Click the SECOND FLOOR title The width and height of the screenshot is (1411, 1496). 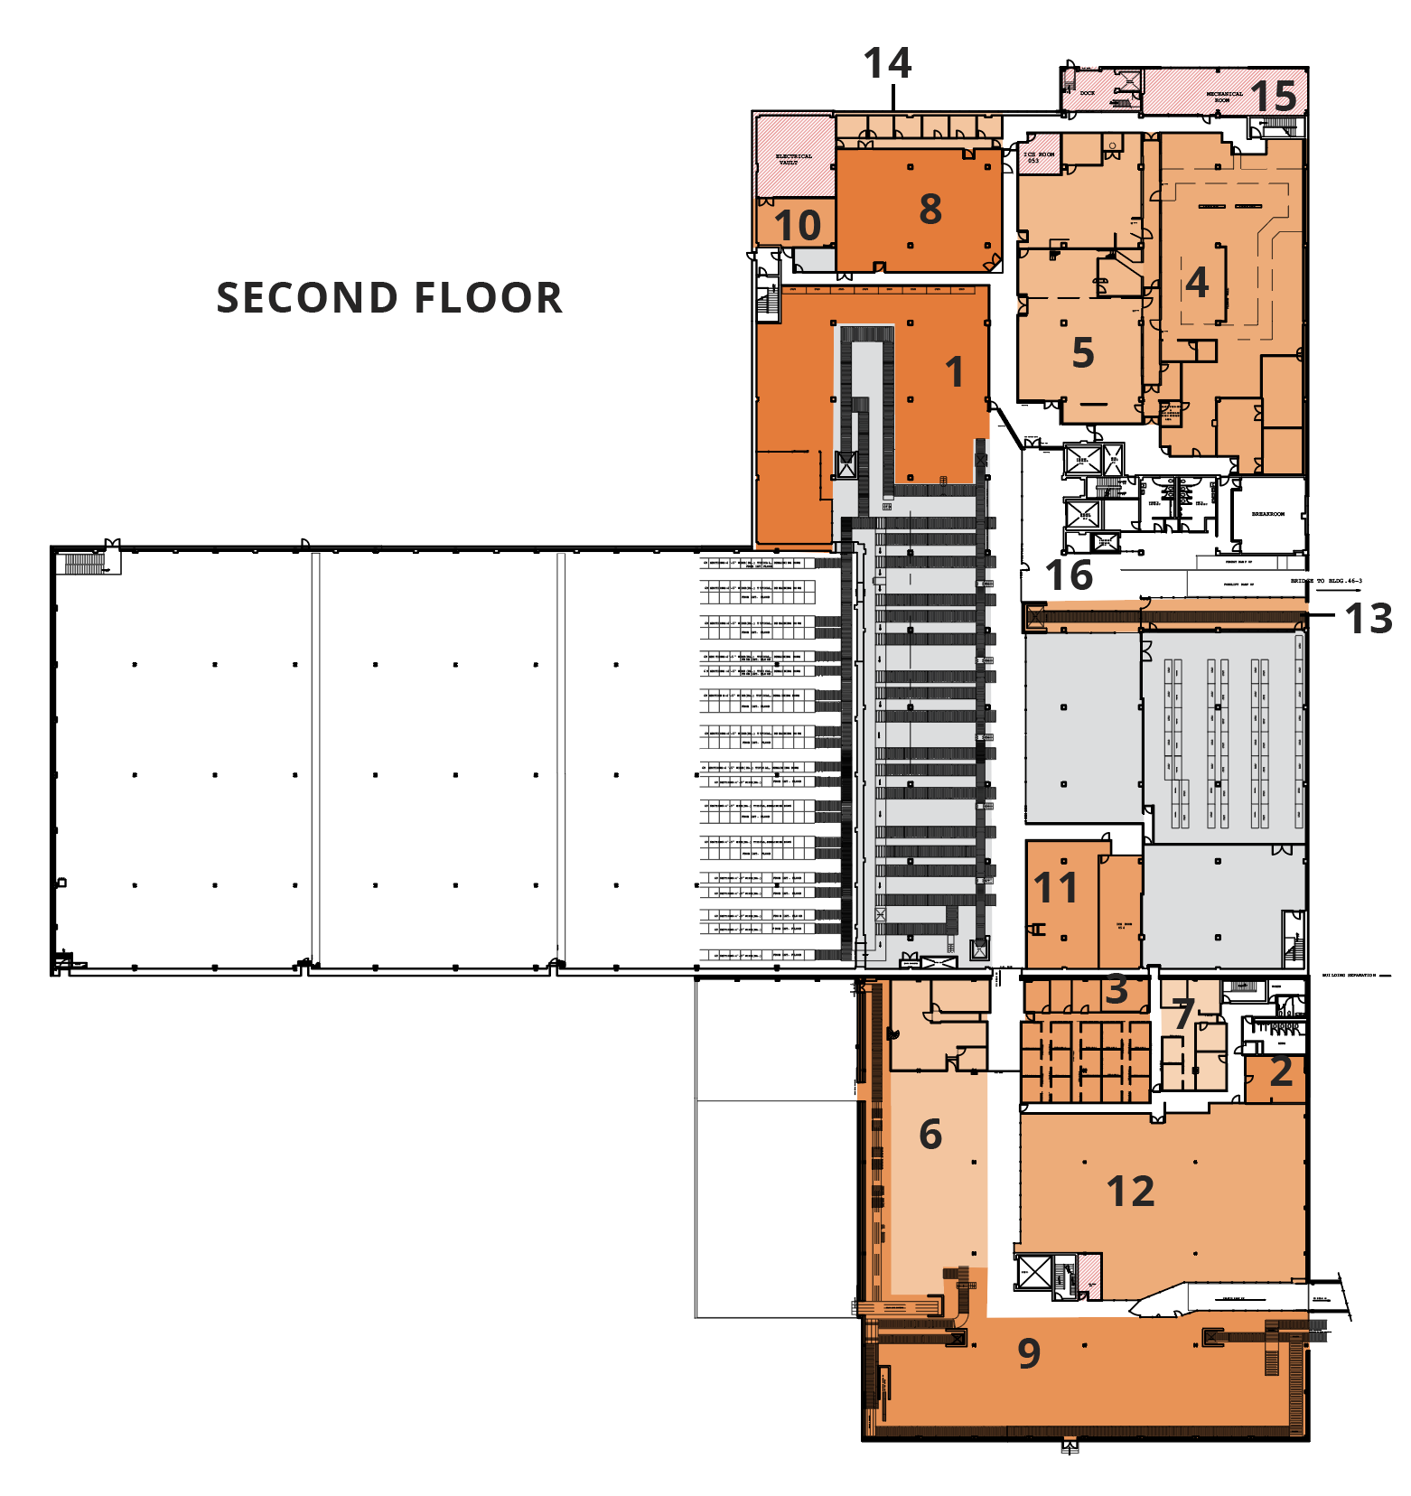(x=389, y=298)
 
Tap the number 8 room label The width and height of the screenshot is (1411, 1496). (x=930, y=210)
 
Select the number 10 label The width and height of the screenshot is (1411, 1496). (x=798, y=226)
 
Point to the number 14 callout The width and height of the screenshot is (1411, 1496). (x=887, y=64)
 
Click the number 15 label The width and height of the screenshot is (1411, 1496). (x=1274, y=97)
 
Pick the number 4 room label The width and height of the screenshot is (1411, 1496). (x=1197, y=283)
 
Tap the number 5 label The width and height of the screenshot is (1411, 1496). (x=1083, y=353)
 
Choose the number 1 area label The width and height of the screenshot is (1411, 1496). (x=954, y=372)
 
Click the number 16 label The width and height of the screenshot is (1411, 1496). (x=1069, y=575)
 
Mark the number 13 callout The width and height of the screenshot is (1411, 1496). (x=1368, y=619)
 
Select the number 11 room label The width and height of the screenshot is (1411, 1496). (x=1055, y=888)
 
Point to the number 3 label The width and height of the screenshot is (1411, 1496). (x=1117, y=990)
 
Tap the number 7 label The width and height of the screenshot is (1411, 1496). (x=1184, y=1014)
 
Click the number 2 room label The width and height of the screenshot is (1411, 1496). (x=1281, y=1072)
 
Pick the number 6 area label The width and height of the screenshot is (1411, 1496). (x=930, y=1135)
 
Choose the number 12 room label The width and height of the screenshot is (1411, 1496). (x=1131, y=1192)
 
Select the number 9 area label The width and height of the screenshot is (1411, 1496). (x=1029, y=1353)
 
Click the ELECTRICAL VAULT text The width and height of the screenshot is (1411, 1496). (x=794, y=160)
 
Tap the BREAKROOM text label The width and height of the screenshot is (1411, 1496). (x=1267, y=514)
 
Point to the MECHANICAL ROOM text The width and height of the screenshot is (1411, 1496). (x=1224, y=96)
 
